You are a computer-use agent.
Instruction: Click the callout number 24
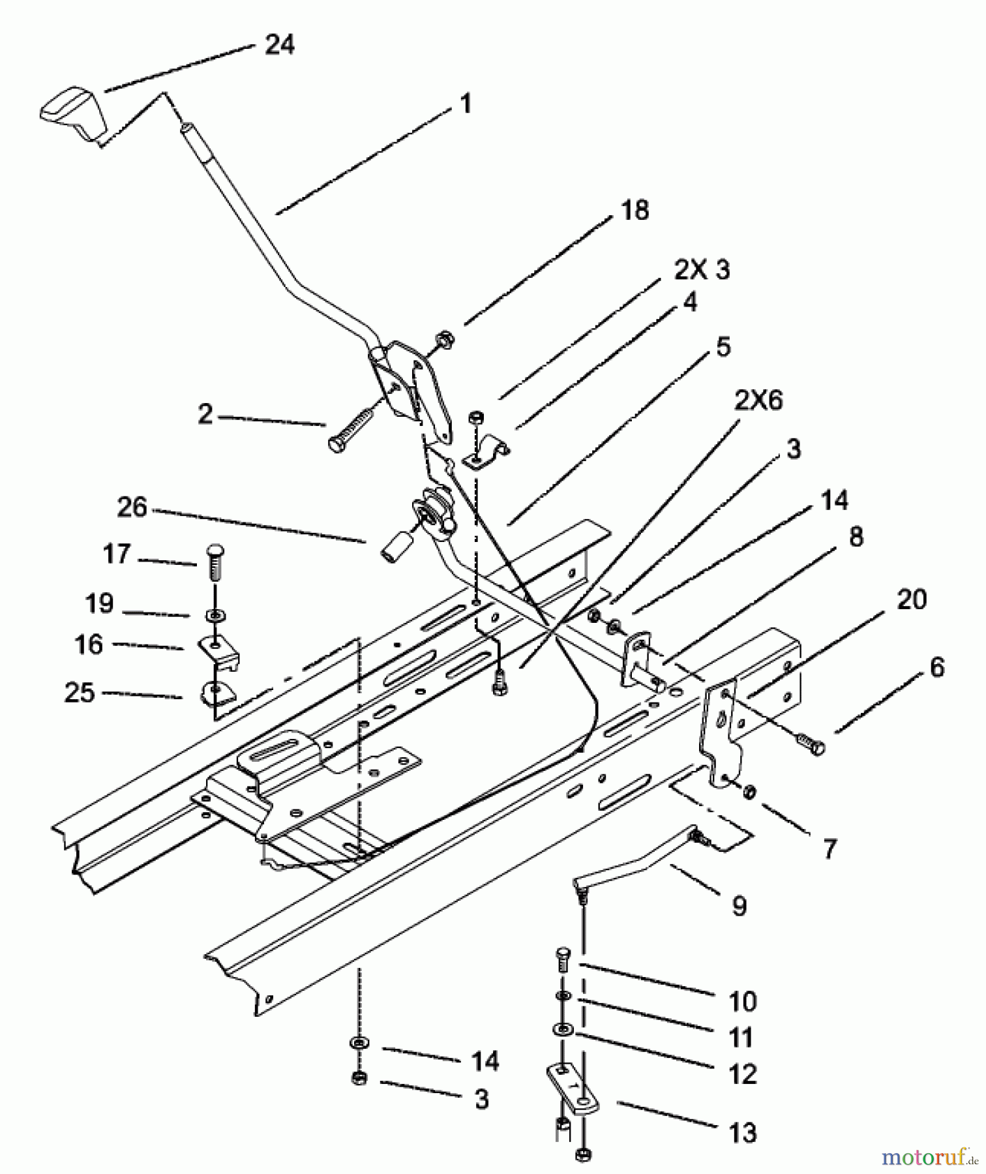click(280, 45)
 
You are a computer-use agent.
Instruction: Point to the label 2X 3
click(702, 269)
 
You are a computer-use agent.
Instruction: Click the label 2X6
click(758, 400)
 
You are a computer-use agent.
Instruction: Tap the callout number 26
click(132, 507)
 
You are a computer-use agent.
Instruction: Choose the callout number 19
click(99, 603)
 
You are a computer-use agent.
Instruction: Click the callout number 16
click(89, 644)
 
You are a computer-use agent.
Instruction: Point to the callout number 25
click(80, 692)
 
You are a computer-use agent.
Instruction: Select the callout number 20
click(912, 599)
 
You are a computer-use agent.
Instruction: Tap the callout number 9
click(739, 905)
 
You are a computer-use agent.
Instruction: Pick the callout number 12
click(743, 1074)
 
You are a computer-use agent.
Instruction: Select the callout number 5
click(723, 346)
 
